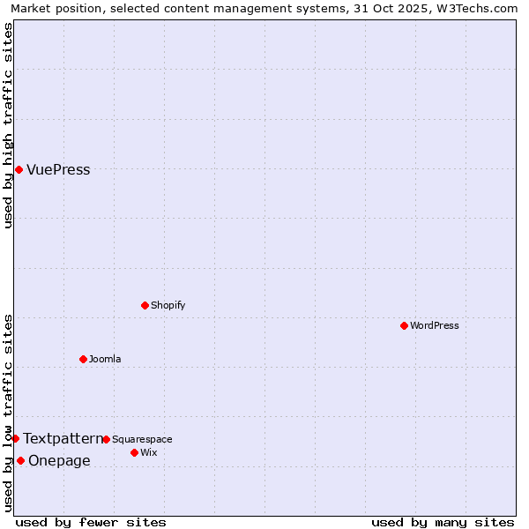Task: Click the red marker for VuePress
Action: coord(19,169)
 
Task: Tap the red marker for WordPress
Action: coord(404,325)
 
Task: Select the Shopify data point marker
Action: coord(145,305)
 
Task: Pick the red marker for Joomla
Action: coord(83,359)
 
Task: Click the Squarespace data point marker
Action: coord(106,439)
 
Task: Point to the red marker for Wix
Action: coord(134,452)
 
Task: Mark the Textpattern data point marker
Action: coord(15,438)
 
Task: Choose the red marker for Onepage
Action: coord(20,460)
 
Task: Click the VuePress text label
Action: coord(58,170)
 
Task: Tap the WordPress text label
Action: coord(435,325)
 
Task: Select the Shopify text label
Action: coord(168,305)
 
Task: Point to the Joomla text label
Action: coord(105,359)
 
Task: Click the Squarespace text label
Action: coord(142,439)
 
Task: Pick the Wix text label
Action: coord(148,452)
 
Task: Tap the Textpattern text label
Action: coord(63,438)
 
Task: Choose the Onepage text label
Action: coord(59,460)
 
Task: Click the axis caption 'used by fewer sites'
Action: coord(91,522)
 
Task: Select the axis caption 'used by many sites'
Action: coord(443,522)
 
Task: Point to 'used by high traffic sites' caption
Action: coord(8,125)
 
